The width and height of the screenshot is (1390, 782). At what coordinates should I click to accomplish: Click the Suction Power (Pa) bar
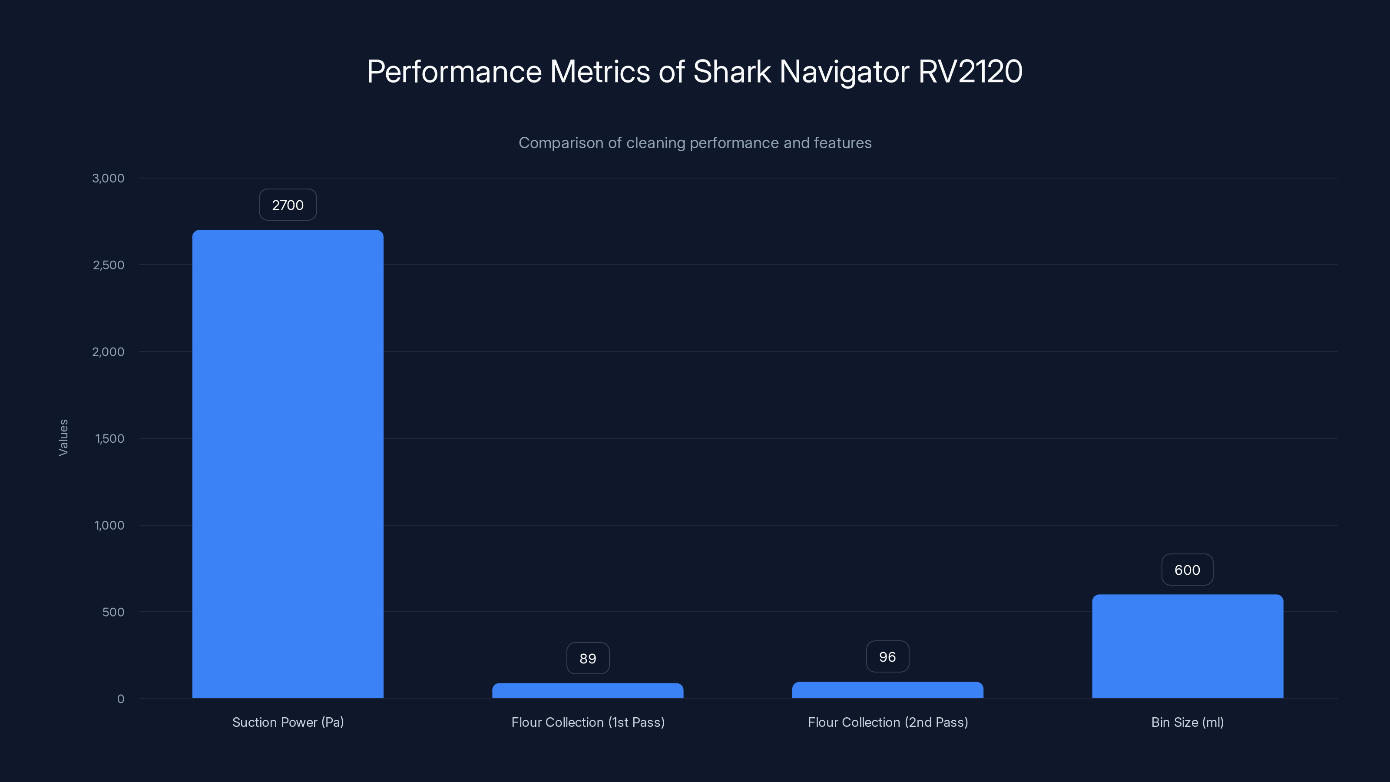(288, 464)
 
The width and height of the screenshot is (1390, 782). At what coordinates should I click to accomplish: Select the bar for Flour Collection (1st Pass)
(588, 691)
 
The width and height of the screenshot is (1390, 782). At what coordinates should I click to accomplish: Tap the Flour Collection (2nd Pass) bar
(887, 690)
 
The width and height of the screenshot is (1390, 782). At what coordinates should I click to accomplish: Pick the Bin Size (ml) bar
(1187, 646)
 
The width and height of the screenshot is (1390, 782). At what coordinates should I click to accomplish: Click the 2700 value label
(288, 205)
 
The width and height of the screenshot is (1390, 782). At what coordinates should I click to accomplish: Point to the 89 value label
(588, 659)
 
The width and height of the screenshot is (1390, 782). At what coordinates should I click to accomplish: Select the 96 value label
(887, 657)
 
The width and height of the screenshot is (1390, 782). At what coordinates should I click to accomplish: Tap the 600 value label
(1187, 570)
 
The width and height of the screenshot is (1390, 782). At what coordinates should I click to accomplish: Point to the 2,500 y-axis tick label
(109, 265)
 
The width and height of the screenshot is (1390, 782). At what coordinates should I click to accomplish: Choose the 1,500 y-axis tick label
(109, 439)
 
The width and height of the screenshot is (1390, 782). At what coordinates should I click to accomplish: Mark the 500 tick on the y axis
(113, 612)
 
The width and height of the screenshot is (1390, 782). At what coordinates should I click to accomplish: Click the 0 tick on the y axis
(121, 699)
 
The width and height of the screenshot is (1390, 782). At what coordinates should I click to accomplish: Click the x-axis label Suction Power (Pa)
(288, 722)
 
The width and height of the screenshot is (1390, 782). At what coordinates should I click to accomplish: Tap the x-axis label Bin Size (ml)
(1187, 722)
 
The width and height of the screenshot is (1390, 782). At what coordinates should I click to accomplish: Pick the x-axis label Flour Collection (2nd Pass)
(887, 722)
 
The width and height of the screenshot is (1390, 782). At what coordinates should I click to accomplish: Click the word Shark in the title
(731, 72)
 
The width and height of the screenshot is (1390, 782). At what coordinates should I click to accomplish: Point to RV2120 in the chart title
(970, 72)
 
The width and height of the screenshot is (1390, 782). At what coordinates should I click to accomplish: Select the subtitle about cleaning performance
(695, 143)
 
